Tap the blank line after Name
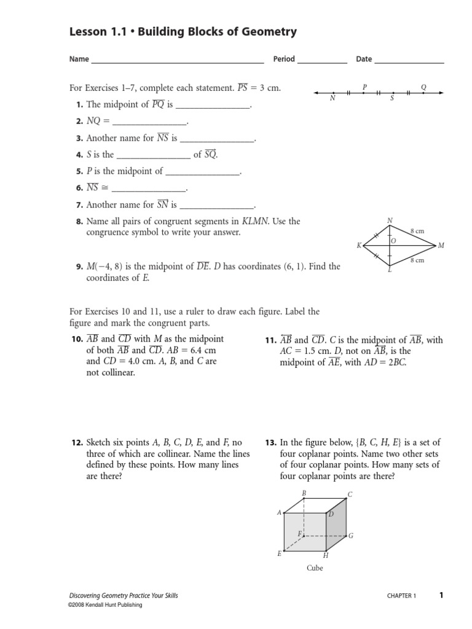tap(177, 62)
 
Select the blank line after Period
tap(322, 62)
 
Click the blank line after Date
tap(409, 62)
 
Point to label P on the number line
tap(364, 87)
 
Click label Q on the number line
tap(423, 87)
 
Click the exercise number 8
tap(79, 222)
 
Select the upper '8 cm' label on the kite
tap(417, 231)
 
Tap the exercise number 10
tap(77, 339)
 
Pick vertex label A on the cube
tap(280, 512)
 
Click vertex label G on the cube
tap(350, 536)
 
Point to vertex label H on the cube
tap(326, 555)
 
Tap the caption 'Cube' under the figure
tap(315, 568)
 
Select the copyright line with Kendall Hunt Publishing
tap(105, 605)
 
